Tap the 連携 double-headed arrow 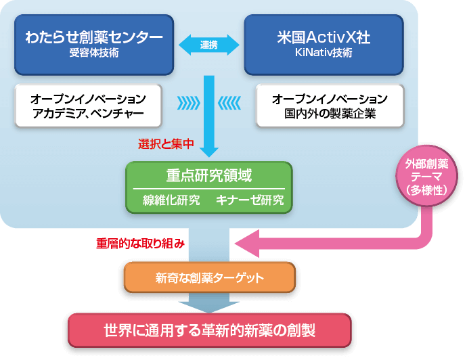click(208, 45)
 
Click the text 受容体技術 click(93, 53)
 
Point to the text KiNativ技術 click(324, 53)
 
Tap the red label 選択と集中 click(166, 143)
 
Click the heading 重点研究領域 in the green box click(208, 176)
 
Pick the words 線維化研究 click(171, 200)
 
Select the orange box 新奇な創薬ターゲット click(209, 277)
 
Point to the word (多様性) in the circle click(426, 190)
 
